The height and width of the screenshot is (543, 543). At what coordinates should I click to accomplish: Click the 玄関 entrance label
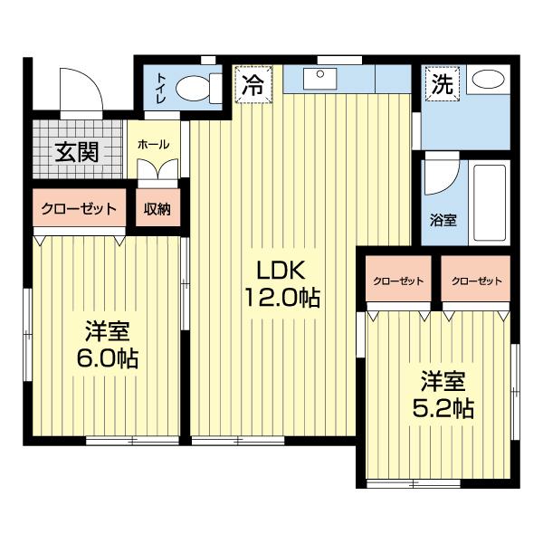click(77, 152)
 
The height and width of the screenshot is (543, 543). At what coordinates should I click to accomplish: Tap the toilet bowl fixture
click(198, 89)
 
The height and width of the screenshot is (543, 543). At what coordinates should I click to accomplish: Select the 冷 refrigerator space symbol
click(253, 84)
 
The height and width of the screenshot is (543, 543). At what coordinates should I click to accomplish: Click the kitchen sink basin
click(320, 79)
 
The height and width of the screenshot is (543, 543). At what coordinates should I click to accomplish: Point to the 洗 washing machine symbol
click(443, 84)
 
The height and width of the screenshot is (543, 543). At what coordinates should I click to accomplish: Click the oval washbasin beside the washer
click(489, 80)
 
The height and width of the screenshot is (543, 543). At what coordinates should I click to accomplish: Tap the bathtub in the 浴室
click(490, 203)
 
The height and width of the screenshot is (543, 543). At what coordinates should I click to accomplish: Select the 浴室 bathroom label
click(443, 220)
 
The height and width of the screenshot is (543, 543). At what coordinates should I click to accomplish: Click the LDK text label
click(281, 270)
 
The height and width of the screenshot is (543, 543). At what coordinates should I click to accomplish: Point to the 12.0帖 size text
click(282, 297)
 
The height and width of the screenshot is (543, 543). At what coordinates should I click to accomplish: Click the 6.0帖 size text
click(107, 357)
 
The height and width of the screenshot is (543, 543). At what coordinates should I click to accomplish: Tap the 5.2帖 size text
click(443, 409)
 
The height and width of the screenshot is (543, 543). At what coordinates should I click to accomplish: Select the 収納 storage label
click(157, 209)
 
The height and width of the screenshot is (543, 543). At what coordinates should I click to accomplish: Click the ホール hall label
click(154, 145)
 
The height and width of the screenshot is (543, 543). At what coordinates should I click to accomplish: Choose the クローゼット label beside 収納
click(79, 209)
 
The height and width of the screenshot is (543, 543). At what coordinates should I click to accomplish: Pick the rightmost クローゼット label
click(476, 281)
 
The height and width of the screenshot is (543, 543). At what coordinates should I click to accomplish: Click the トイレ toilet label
click(161, 88)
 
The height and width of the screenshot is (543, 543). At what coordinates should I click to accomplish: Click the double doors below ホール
click(157, 169)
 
